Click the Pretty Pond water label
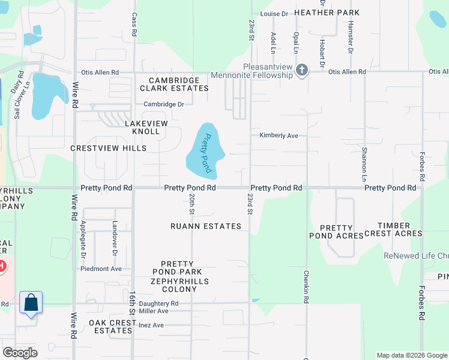tap(206, 153)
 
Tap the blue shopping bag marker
tap(31, 302)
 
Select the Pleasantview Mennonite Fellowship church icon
tap(302, 71)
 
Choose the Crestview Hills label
tap(108, 148)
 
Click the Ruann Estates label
tap(206, 226)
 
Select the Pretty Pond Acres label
tap(342, 232)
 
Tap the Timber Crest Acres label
tap(400, 229)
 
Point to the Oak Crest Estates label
tap(110, 326)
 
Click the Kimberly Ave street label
tap(279, 136)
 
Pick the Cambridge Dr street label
tap(163, 104)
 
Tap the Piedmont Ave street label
tap(101, 269)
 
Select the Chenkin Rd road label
tap(306, 282)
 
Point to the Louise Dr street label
tap(274, 13)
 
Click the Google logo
tap(20, 352)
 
